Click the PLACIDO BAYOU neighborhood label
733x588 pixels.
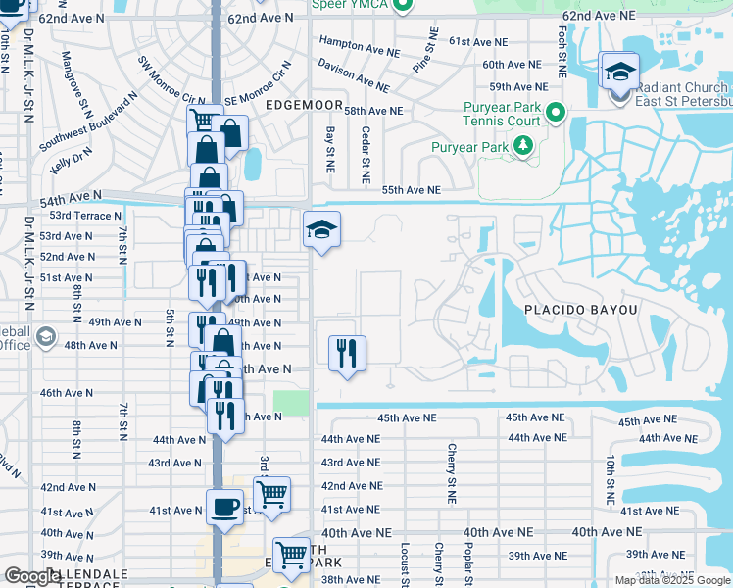point(580,310)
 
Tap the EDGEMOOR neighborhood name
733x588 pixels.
point(300,103)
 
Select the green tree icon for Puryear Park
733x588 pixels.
point(523,147)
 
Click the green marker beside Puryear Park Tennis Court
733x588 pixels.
point(556,114)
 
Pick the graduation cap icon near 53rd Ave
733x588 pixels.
point(321,231)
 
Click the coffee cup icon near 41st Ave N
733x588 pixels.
point(224,508)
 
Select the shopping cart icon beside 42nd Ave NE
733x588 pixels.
point(271,494)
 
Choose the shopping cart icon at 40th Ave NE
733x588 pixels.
point(291,555)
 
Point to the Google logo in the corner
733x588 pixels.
point(32,577)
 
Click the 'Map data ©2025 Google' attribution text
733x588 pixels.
point(672,580)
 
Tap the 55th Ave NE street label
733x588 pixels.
point(411,190)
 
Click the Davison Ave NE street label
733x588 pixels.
point(354,73)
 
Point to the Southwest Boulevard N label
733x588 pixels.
point(88,122)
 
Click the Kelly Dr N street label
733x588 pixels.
point(71,157)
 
